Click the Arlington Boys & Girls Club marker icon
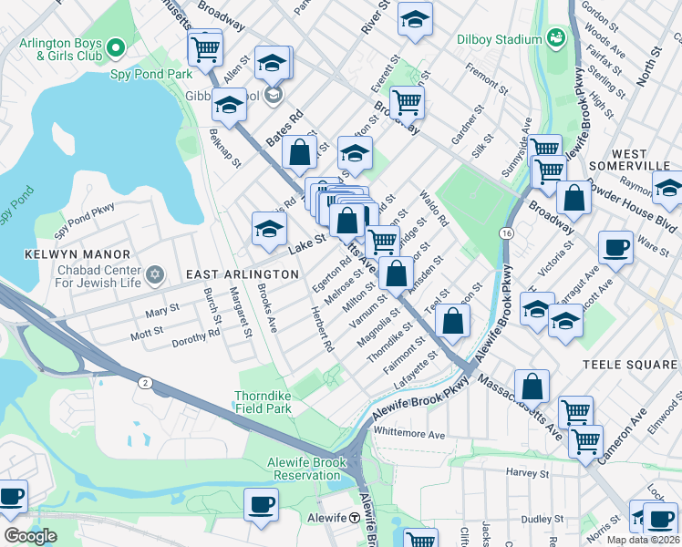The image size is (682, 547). (x=116, y=46)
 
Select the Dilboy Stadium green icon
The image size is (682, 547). (x=553, y=37)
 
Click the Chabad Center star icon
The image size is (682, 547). (x=154, y=274)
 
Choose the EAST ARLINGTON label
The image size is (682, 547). (x=242, y=274)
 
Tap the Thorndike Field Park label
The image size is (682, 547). (x=275, y=402)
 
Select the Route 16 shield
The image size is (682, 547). (x=504, y=234)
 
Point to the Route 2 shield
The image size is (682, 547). (x=144, y=382)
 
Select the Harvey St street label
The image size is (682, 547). (x=528, y=473)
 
